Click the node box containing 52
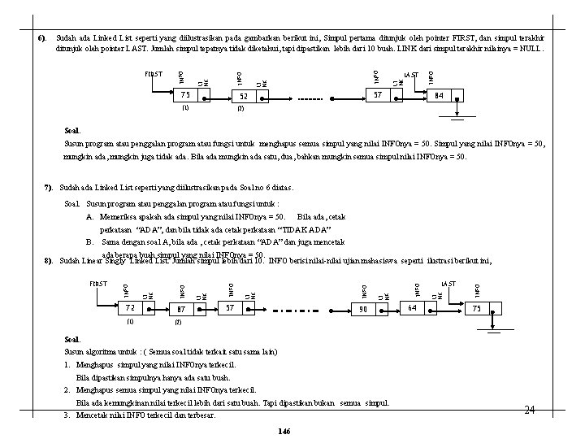click(241, 96)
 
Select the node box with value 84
click(439, 95)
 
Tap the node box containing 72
click(129, 309)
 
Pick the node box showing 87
click(181, 309)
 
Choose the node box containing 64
click(413, 309)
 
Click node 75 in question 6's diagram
click(185, 95)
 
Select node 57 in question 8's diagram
click(230, 308)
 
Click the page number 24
click(530, 411)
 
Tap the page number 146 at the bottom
click(284, 428)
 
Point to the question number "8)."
click(49, 260)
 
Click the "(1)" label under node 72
click(129, 321)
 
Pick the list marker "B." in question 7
click(91, 242)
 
